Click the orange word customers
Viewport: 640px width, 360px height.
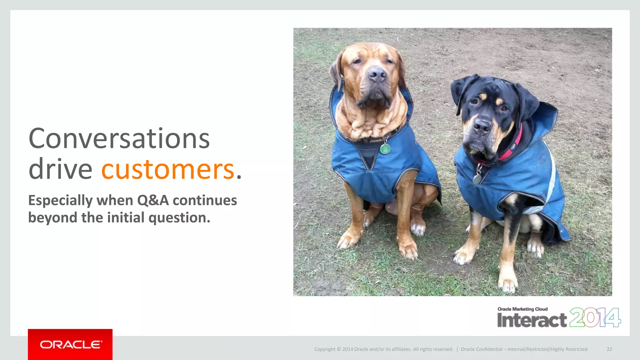(x=168, y=169)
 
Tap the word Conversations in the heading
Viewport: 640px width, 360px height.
(x=119, y=139)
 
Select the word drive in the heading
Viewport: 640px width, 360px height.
(x=60, y=169)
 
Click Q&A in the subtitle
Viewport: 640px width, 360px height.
(x=153, y=200)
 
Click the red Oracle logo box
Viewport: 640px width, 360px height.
(x=70, y=344)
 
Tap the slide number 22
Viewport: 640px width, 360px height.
(x=609, y=349)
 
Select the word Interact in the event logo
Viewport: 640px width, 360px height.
(x=532, y=320)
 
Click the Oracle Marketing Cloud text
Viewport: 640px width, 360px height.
(x=522, y=309)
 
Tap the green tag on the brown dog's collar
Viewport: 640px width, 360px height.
(x=385, y=149)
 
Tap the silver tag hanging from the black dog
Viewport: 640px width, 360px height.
(x=477, y=179)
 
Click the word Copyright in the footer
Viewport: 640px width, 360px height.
(x=325, y=349)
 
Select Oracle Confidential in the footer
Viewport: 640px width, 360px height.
(x=481, y=349)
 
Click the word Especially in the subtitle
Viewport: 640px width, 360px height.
(x=60, y=200)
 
